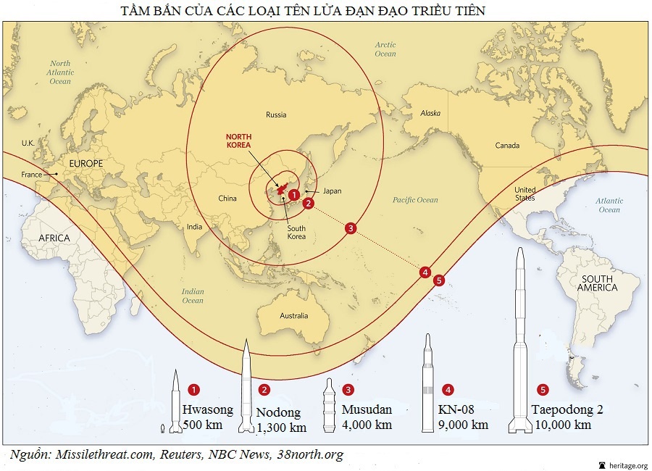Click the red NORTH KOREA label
[238, 141]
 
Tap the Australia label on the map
[293, 316]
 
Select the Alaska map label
[430, 113]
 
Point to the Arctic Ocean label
[385, 49]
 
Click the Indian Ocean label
[193, 296]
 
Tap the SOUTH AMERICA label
[597, 283]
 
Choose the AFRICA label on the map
[54, 238]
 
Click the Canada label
[507, 146]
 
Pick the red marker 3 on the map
[351, 228]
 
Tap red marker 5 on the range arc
[439, 280]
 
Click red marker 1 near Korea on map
[293, 194]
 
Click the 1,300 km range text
[282, 428]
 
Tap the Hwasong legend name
[207, 409]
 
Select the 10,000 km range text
[563, 425]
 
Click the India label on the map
[193, 227]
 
